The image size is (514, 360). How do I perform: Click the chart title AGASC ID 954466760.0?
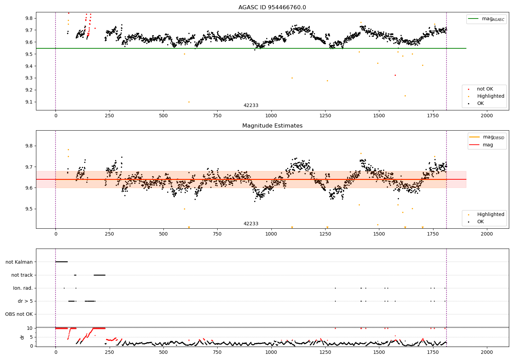pyautogui.click(x=272, y=8)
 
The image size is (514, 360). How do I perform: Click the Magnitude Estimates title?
pyautogui.click(x=272, y=126)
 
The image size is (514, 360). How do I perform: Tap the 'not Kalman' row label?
pyautogui.click(x=19, y=262)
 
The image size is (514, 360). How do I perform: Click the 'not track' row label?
pyautogui.click(x=22, y=275)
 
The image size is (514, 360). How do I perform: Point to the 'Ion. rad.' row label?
pyautogui.click(x=23, y=288)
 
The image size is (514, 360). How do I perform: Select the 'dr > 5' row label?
pyautogui.click(x=25, y=301)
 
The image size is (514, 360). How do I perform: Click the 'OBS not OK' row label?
pyautogui.click(x=19, y=314)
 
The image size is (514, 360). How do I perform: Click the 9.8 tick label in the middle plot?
pyautogui.click(x=29, y=146)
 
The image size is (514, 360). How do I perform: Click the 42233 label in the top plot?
pyautogui.click(x=251, y=105)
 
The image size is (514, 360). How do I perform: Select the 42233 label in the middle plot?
pyautogui.click(x=251, y=224)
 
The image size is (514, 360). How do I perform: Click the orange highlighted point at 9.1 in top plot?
pyautogui.click(x=189, y=102)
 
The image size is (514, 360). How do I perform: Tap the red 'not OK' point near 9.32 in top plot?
pyautogui.click(x=395, y=75)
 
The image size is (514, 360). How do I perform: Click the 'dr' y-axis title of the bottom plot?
pyautogui.click(x=22, y=337)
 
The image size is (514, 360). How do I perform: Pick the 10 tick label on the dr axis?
pyautogui.click(x=29, y=328)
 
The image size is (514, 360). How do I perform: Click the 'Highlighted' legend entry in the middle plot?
pyautogui.click(x=490, y=215)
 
